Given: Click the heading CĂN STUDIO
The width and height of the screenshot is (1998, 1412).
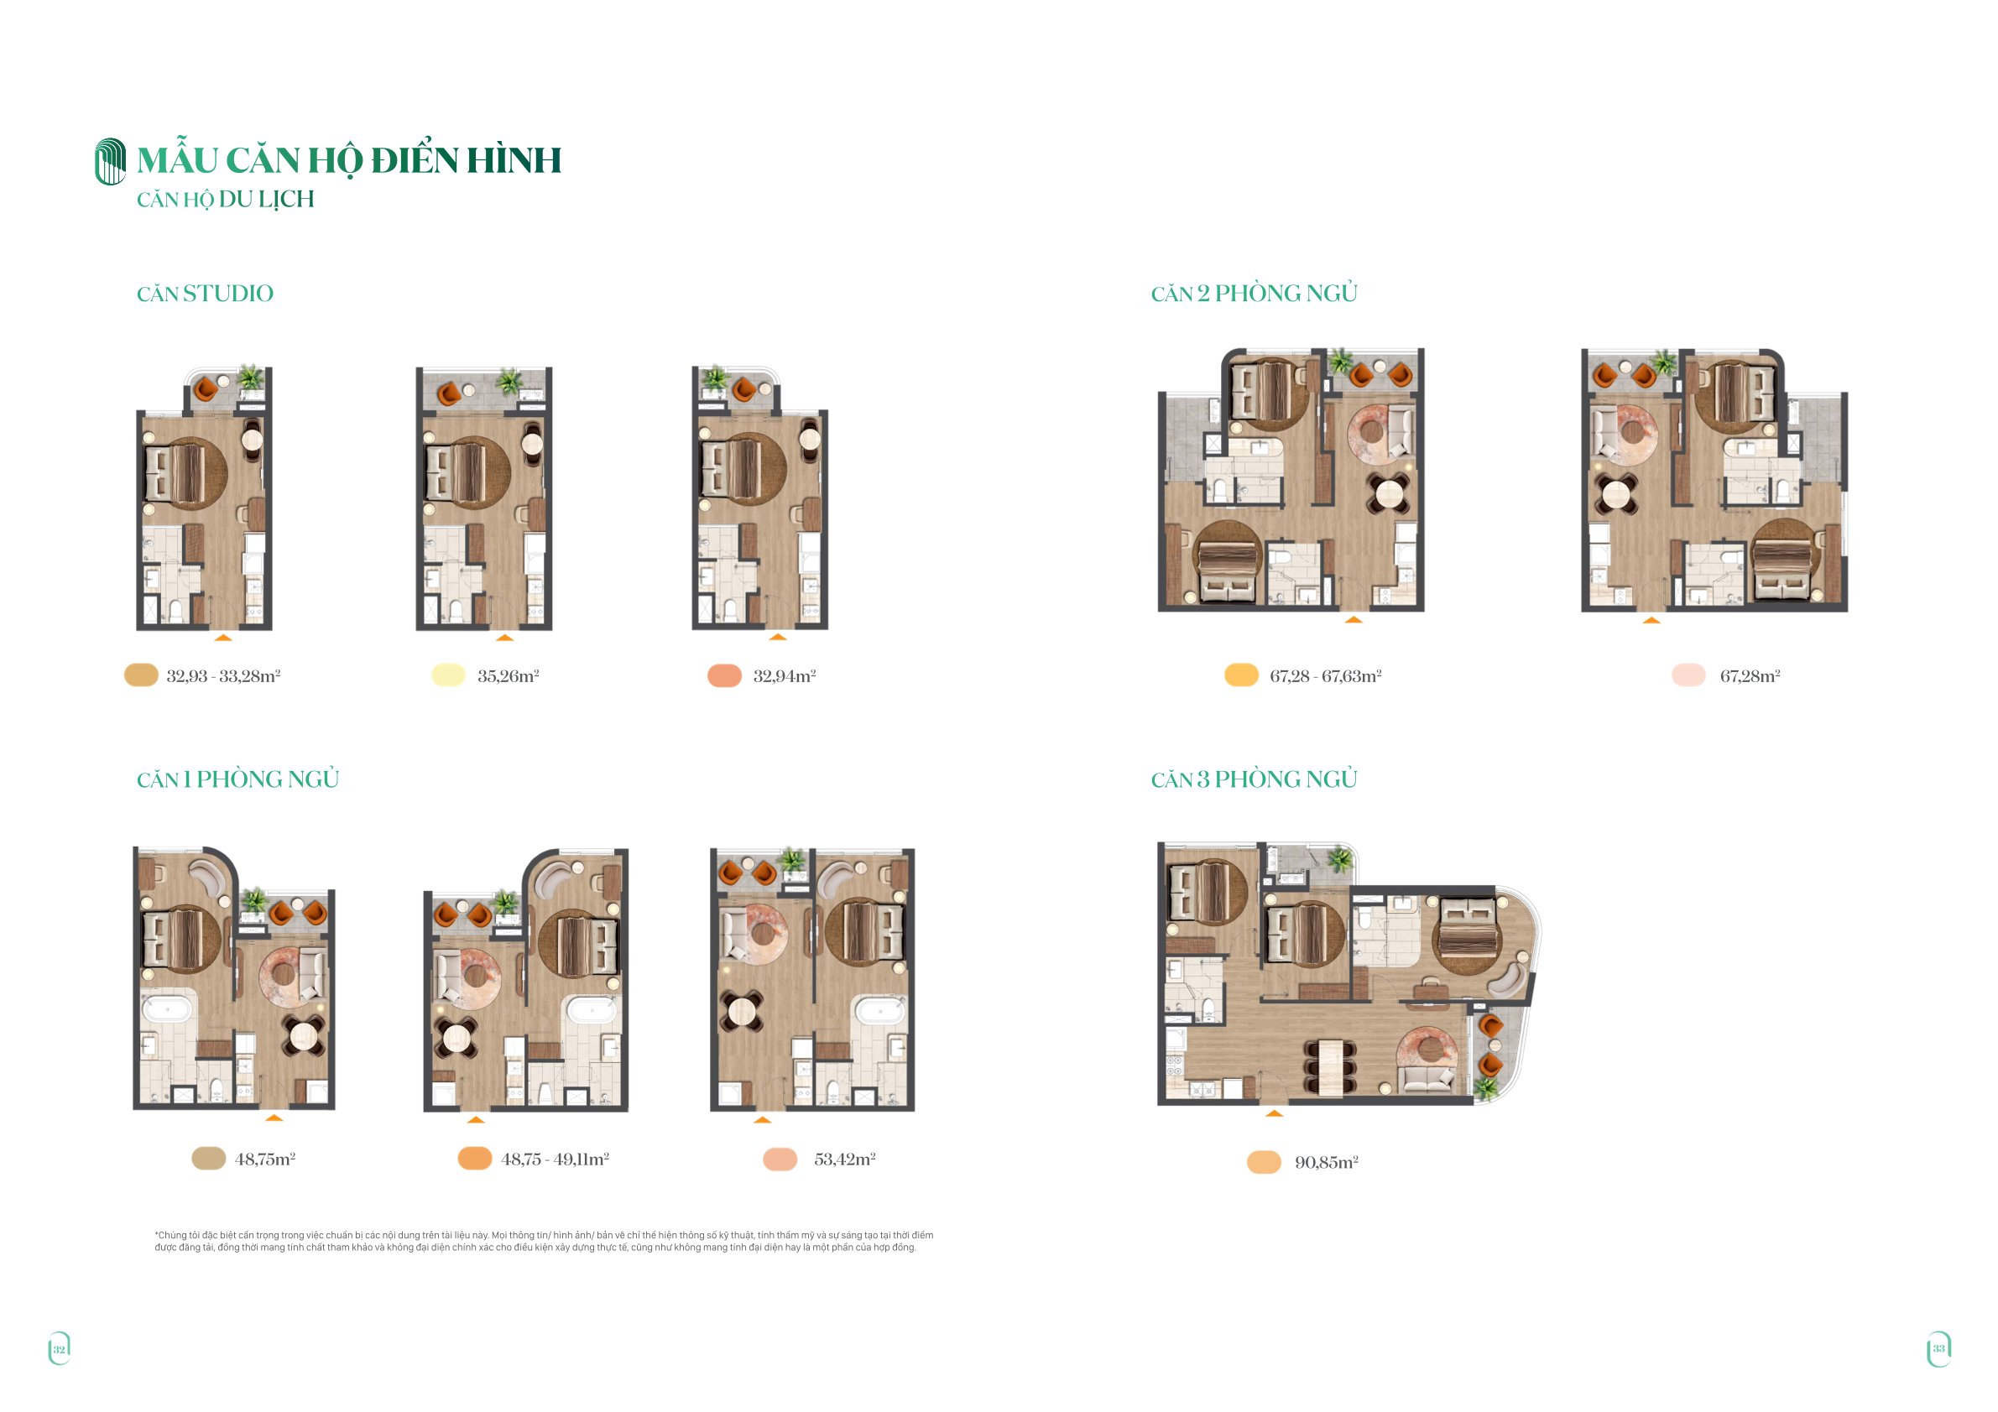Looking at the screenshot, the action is click(205, 294).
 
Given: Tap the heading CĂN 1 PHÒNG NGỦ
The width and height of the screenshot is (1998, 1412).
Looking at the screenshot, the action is click(237, 779).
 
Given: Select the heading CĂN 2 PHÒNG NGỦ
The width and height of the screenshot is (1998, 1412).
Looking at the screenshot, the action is click(1254, 293).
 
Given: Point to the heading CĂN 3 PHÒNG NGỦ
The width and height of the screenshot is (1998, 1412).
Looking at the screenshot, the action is click(1254, 779).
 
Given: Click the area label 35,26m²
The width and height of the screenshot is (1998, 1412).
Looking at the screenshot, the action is click(509, 676).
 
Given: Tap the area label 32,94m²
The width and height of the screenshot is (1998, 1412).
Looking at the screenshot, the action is click(784, 676).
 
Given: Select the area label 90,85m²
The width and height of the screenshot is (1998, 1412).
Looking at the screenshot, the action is click(1326, 1162).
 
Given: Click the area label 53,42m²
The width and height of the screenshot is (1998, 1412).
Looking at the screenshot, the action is click(844, 1159).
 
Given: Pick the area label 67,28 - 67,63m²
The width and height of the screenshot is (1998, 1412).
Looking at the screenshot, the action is click(1325, 676).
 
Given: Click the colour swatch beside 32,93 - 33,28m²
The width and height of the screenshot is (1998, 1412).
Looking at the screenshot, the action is click(141, 675).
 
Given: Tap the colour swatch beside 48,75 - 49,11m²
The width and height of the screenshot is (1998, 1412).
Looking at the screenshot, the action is click(475, 1158).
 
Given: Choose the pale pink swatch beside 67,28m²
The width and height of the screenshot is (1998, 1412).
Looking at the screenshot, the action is click(1688, 675).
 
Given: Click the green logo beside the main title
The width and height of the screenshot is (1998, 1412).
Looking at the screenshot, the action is click(111, 161).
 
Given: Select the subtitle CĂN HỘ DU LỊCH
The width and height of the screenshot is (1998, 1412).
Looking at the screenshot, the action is click(226, 199).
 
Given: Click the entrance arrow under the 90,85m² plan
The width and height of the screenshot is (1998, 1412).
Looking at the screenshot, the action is click(1274, 1112).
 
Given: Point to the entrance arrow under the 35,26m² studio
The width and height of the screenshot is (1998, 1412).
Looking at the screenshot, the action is click(504, 638).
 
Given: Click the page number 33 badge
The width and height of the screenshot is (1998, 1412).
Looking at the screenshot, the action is click(1938, 1348).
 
